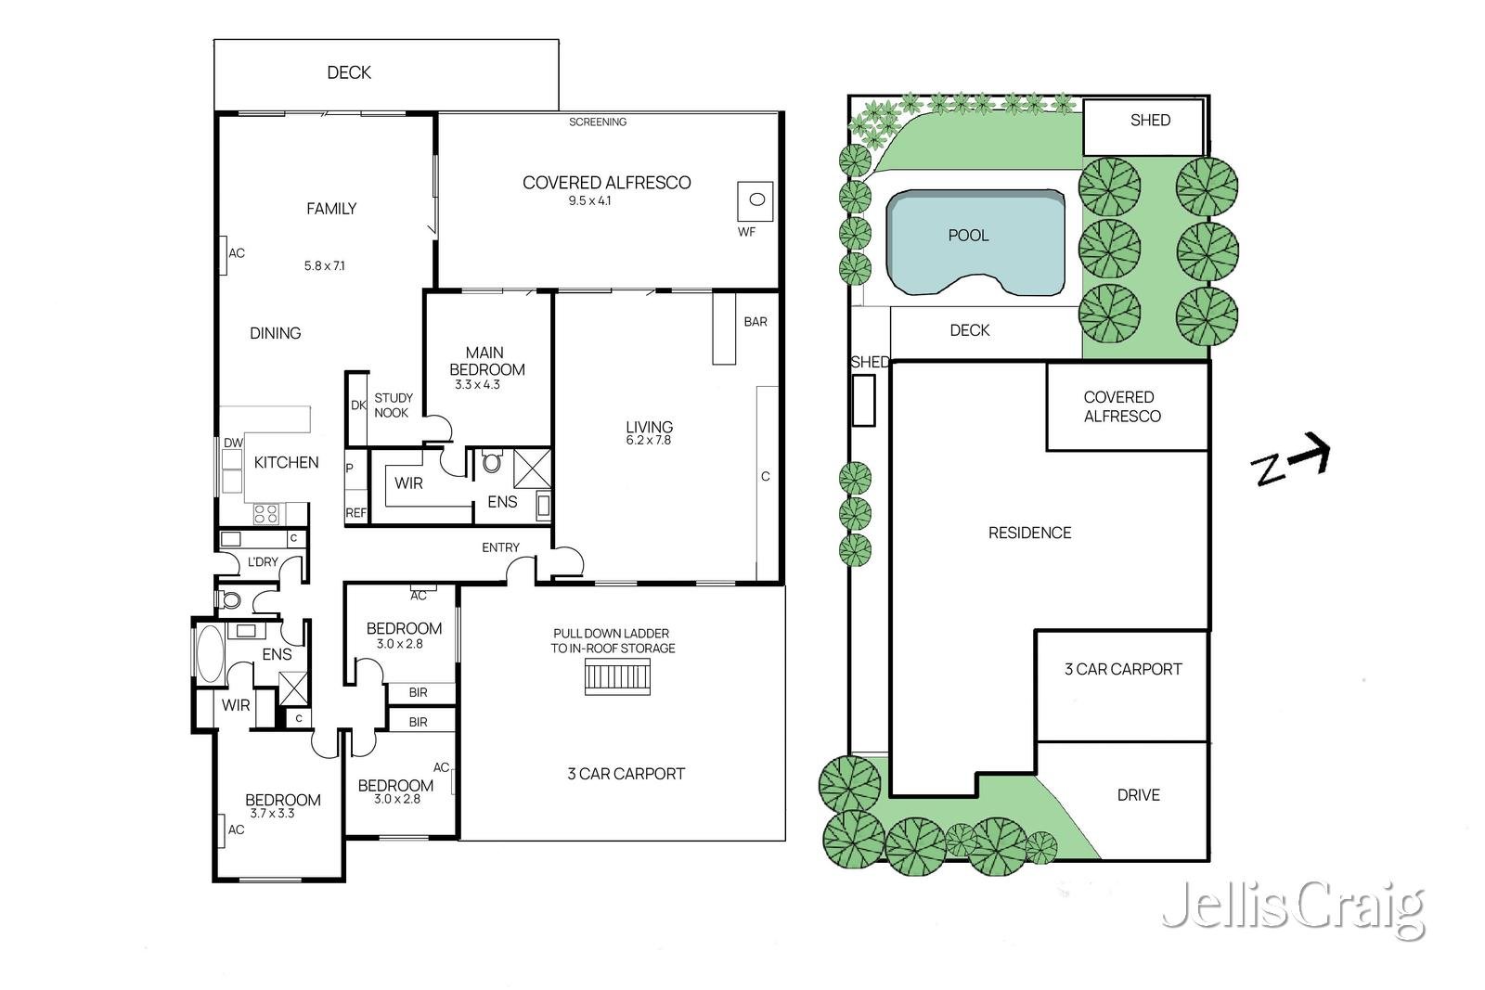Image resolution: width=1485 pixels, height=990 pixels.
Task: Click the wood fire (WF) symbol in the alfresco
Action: [x=755, y=200]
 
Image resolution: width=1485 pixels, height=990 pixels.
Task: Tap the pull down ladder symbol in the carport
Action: [x=617, y=676]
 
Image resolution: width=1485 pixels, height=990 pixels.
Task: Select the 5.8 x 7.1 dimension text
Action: [x=324, y=265]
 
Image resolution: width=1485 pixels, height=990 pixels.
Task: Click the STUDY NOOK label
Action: [x=394, y=405]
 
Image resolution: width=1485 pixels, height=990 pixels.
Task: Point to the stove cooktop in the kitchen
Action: [x=266, y=513]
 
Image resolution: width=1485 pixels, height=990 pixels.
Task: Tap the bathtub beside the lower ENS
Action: [x=210, y=653]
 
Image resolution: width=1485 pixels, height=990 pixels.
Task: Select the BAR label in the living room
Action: [x=755, y=321]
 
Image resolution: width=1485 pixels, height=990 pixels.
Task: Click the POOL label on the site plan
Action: [x=968, y=236]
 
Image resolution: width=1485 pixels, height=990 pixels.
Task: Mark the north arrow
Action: [x=1290, y=460]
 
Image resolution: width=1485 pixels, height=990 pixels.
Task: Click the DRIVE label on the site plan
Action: [x=1138, y=794]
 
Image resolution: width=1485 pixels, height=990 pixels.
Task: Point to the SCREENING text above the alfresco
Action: [x=598, y=122]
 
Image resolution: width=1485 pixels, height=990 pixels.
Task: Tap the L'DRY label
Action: [x=263, y=562]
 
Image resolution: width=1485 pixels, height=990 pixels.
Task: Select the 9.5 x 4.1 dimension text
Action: [x=589, y=200]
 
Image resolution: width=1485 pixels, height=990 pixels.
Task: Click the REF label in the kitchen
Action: [x=356, y=513]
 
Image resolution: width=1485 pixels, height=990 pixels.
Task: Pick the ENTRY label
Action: [x=500, y=547]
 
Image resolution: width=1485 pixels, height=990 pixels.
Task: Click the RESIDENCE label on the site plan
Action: [x=1029, y=533]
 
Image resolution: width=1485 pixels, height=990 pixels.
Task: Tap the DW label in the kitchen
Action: [x=233, y=443]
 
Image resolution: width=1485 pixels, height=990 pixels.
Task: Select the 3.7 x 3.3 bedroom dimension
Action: [x=272, y=813]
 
